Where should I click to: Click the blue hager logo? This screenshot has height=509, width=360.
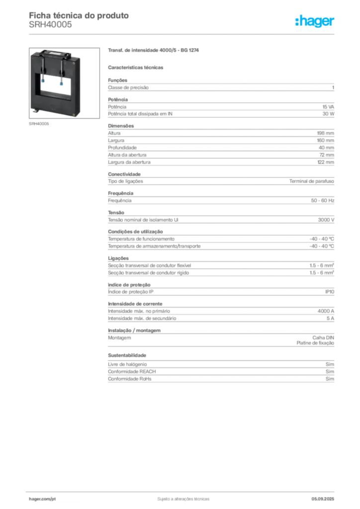point(316,22)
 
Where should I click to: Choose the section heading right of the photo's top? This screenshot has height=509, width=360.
point(154,51)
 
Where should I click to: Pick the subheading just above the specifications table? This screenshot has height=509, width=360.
point(137,67)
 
